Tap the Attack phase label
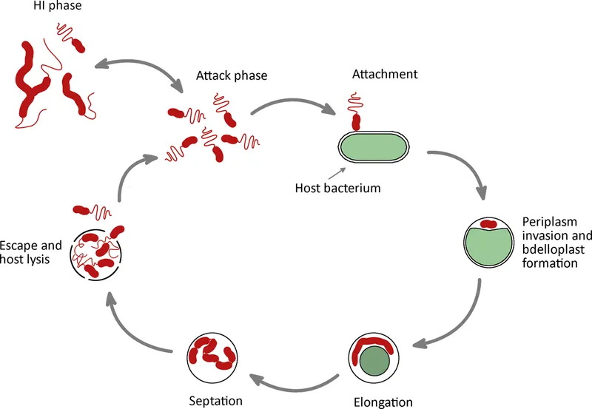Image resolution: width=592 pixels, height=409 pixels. pos(232,75)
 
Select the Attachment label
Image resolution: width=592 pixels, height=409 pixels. pos(385,74)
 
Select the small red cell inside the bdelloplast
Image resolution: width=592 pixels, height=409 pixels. pos(489,223)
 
